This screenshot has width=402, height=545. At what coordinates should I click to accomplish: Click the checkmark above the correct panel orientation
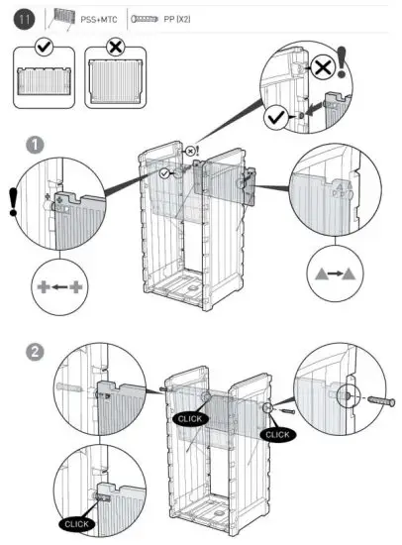click(x=42, y=47)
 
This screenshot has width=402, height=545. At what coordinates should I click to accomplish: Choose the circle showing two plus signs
click(x=59, y=287)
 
